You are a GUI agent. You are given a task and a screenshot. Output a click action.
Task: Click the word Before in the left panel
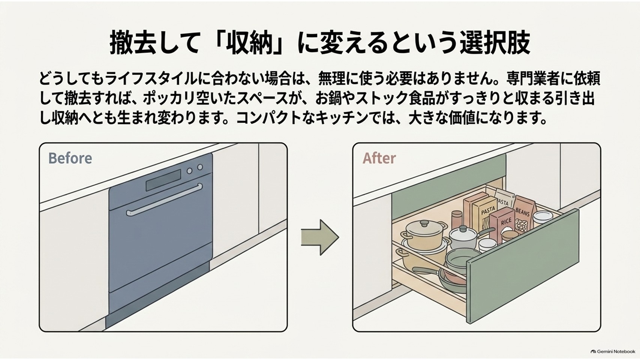click(70, 158)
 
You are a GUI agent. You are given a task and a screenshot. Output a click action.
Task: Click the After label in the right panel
click(379, 158)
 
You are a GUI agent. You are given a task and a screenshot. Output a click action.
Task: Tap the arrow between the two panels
click(320, 237)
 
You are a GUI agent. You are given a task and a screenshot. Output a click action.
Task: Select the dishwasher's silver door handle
click(164, 200)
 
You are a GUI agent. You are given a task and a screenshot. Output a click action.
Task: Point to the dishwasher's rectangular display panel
click(163, 181)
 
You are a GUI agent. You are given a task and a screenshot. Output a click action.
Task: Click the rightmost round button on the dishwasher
click(200, 167)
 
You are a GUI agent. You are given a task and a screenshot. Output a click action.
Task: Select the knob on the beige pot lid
click(424, 223)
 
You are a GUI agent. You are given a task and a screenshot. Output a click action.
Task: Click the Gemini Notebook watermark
click(613, 351)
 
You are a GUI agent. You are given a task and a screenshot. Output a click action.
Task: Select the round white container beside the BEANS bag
click(543, 218)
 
